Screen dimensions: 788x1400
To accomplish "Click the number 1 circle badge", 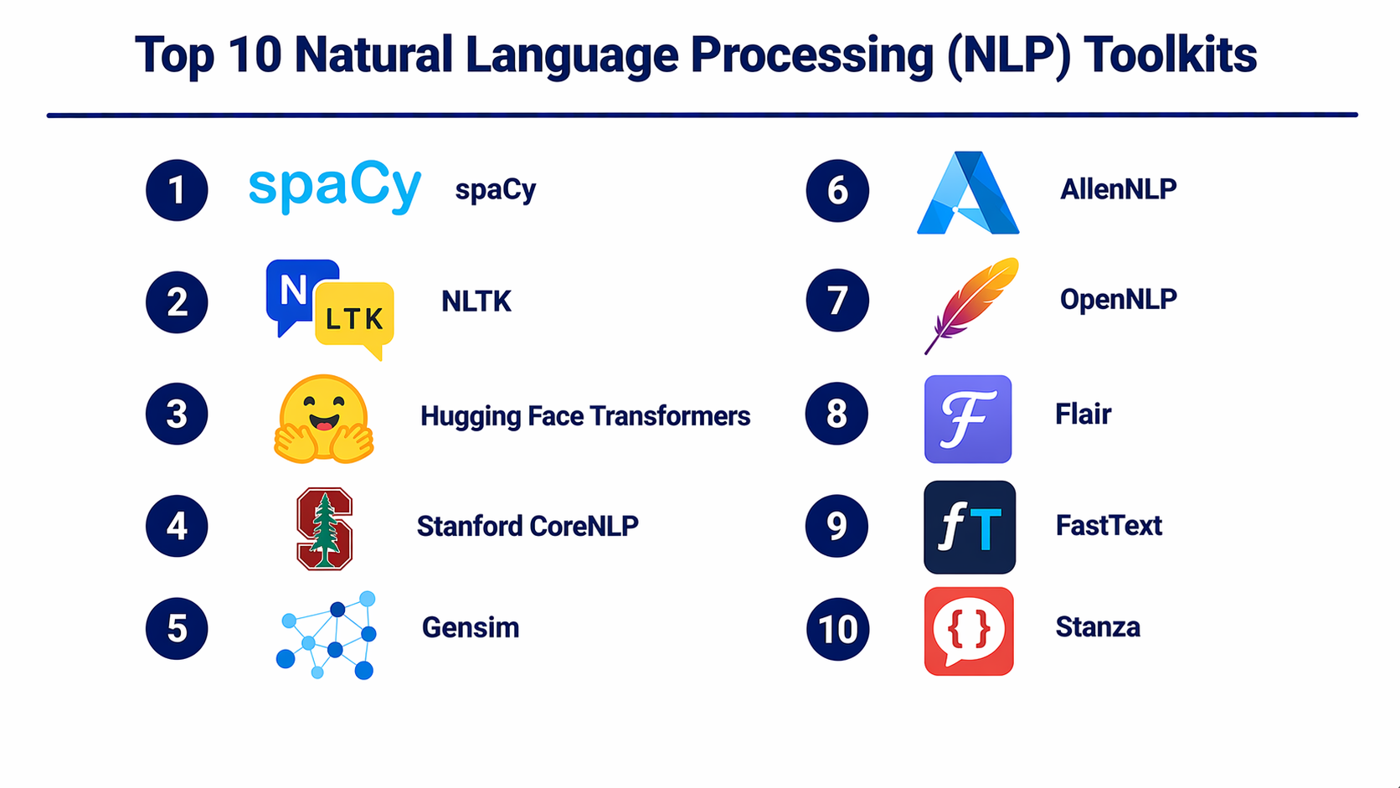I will [x=177, y=190].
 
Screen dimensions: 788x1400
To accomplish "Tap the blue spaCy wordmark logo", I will [x=335, y=186].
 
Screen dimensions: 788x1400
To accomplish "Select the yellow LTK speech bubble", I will [x=355, y=317].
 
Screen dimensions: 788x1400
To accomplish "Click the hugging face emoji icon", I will [x=323, y=419].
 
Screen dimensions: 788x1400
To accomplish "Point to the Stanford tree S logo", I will [x=325, y=528].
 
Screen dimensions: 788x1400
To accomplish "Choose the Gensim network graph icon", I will [x=327, y=634].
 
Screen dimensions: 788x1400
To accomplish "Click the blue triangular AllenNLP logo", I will [x=968, y=193].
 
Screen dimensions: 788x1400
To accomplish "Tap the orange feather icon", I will [x=971, y=303].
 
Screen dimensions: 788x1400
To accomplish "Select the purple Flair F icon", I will [x=968, y=419].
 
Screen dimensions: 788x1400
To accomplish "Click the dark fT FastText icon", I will [x=970, y=527].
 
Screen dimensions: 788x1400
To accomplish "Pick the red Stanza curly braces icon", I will [x=969, y=631].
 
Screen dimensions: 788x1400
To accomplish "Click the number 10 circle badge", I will [x=837, y=629].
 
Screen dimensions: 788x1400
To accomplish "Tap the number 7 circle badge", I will [x=837, y=301].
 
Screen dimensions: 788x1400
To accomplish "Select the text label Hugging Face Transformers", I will [x=584, y=416].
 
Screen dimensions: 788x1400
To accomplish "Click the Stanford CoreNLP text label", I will [x=528, y=526].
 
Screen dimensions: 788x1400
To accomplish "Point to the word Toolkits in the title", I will [x=1170, y=55].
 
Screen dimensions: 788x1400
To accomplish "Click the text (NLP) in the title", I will [x=1009, y=55].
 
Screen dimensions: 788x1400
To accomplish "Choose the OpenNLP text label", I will [x=1118, y=299].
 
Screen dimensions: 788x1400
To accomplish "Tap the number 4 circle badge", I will [x=177, y=526].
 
